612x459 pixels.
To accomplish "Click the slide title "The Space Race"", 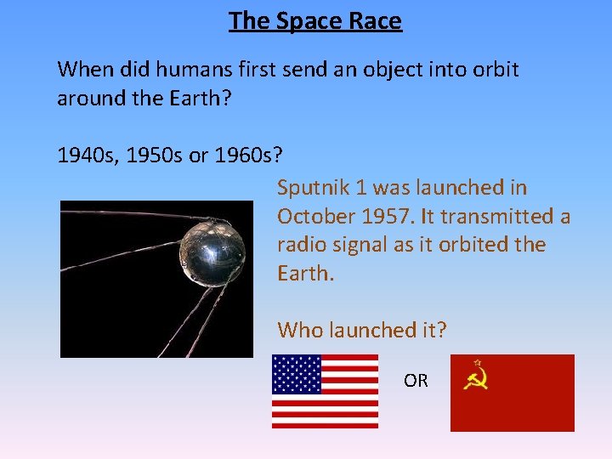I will (x=314, y=21).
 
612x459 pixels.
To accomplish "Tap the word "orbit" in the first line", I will (x=490, y=69).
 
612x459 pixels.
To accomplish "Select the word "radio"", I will (x=303, y=245).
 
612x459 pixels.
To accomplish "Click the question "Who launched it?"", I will (x=361, y=330).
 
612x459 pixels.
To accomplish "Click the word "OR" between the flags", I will (x=416, y=381).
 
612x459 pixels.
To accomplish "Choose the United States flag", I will (x=325, y=391).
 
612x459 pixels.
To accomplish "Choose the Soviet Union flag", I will (x=512, y=393).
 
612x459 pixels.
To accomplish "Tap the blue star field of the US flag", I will (x=296, y=374).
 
